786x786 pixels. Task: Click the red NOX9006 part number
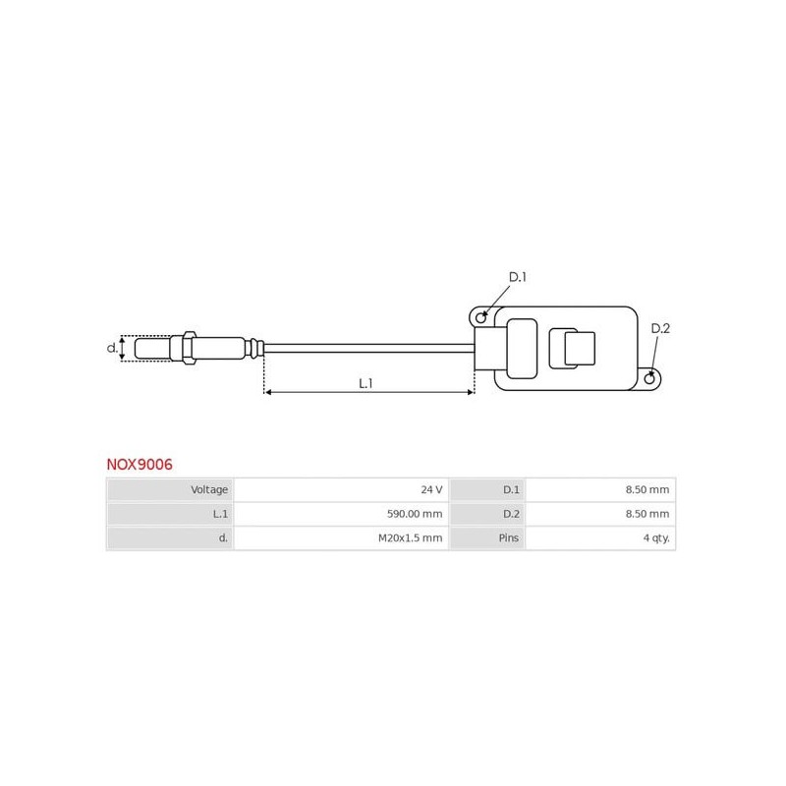click(140, 465)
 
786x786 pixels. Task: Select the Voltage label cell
click(170, 489)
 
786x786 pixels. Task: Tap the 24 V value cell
click(340, 489)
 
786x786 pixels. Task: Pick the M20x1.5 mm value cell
click(340, 538)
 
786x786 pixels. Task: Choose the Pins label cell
click(487, 538)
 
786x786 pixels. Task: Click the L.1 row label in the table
click(170, 514)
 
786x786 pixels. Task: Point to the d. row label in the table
click(170, 538)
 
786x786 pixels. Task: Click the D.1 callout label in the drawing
click(517, 277)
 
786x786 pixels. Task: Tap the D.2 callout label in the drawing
click(660, 328)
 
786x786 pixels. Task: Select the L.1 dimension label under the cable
click(365, 383)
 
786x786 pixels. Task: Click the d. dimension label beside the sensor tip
click(112, 348)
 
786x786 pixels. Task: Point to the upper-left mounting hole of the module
click(480, 317)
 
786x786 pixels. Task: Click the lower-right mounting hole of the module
click(649, 378)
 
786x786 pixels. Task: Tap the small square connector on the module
click(579, 348)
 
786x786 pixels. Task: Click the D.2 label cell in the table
click(487, 514)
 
